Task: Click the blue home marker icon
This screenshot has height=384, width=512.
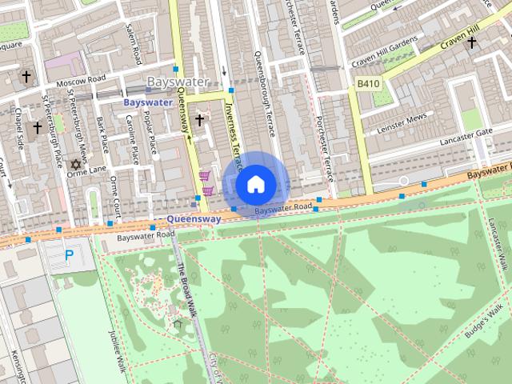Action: [254, 184]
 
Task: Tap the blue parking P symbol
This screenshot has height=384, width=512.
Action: [69, 256]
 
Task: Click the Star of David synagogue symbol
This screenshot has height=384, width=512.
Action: [76, 164]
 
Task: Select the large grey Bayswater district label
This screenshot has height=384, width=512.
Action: [178, 82]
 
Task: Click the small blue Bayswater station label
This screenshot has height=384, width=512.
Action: [147, 102]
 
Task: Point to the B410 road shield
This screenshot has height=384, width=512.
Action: [368, 83]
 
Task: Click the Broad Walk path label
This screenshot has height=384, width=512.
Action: [185, 288]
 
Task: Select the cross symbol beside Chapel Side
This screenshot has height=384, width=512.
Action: [37, 128]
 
